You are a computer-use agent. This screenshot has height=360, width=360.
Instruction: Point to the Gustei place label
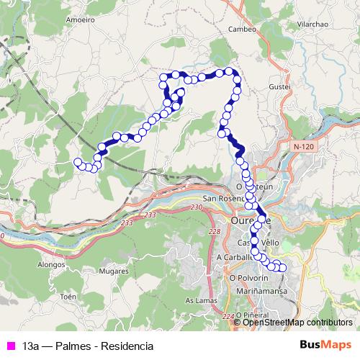click(x=279, y=86)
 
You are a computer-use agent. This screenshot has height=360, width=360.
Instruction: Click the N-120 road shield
click(x=305, y=146)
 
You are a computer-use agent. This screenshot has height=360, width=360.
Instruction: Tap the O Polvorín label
click(x=248, y=276)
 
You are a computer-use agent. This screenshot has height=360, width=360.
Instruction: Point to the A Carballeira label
click(x=234, y=256)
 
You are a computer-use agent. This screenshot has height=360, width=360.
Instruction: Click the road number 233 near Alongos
click(x=128, y=224)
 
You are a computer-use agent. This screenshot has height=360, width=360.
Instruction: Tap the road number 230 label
click(x=197, y=207)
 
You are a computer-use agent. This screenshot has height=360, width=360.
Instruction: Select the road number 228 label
click(x=213, y=231)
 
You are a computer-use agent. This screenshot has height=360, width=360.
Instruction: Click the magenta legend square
click(x=10, y=346)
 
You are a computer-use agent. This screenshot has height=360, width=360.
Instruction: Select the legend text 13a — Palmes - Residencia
click(x=88, y=346)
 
